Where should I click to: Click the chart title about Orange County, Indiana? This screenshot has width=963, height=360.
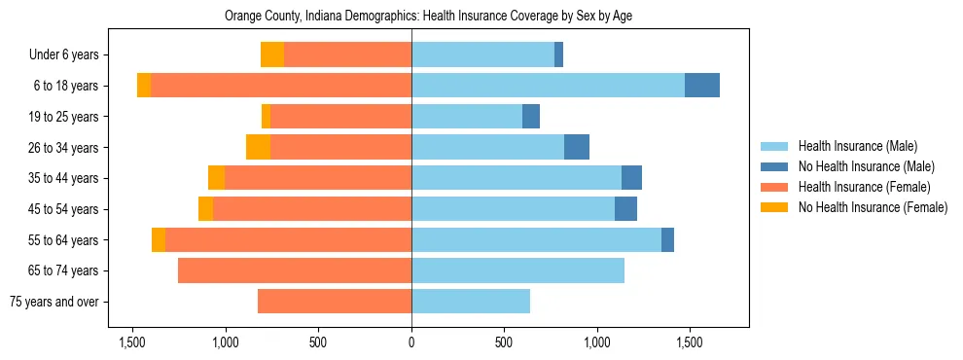[x=429, y=17]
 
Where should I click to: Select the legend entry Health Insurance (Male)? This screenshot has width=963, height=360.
[x=857, y=146]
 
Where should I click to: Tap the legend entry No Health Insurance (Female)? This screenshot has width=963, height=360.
[x=873, y=207]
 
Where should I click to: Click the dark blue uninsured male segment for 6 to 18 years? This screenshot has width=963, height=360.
[x=702, y=86]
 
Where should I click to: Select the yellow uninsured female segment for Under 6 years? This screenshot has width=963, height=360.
[x=272, y=54]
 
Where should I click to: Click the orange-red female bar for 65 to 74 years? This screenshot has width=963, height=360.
[x=295, y=270]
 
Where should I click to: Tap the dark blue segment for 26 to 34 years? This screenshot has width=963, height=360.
[x=577, y=147]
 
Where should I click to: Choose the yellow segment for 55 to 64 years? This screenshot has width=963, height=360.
[x=159, y=240]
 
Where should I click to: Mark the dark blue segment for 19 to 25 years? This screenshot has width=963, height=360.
[x=531, y=117]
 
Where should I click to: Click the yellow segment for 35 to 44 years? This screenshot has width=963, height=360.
[x=216, y=178]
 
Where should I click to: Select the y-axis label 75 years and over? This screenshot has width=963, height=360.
[x=53, y=302]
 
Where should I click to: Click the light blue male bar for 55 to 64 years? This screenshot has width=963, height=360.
[x=536, y=240]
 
